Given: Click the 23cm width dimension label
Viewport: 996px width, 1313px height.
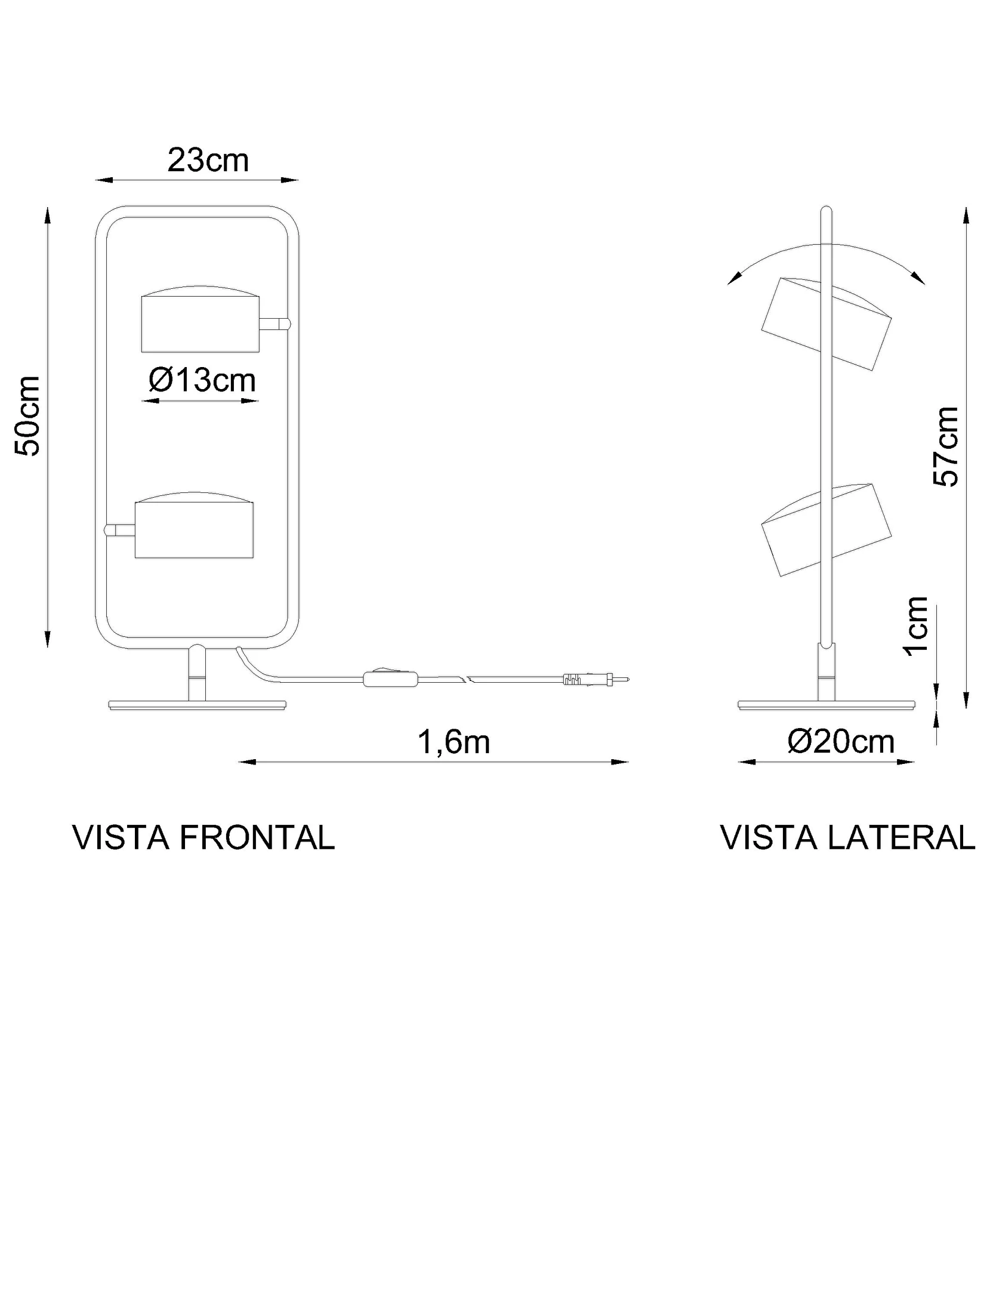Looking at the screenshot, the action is [x=208, y=160].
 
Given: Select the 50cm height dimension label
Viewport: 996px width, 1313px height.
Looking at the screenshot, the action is [x=28, y=416].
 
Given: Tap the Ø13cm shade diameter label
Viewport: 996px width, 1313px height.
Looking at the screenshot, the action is [x=202, y=380].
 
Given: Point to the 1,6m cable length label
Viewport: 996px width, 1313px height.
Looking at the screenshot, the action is [x=454, y=742].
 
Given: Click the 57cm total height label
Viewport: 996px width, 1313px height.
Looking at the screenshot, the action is [x=945, y=446].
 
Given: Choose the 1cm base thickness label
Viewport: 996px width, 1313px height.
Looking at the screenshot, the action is [x=916, y=626].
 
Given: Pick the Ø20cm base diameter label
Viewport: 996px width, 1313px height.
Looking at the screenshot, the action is [x=841, y=742].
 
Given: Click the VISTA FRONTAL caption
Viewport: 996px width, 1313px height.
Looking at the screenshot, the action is [x=203, y=837].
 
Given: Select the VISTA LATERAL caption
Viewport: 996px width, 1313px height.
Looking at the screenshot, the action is [x=848, y=837].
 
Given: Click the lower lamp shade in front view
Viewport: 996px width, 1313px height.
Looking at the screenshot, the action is [x=194, y=526].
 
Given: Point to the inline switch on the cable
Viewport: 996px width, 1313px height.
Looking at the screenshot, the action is [x=390, y=679].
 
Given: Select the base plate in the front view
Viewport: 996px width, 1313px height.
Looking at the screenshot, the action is [x=198, y=705].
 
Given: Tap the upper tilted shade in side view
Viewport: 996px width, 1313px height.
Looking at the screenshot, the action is [x=827, y=323].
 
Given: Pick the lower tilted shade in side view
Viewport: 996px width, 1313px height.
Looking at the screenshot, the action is [x=827, y=529].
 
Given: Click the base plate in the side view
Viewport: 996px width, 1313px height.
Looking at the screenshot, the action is [x=827, y=705].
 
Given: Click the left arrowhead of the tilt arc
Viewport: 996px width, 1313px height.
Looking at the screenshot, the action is [x=734, y=278].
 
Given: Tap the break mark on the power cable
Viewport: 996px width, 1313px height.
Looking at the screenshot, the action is [x=464, y=679].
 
